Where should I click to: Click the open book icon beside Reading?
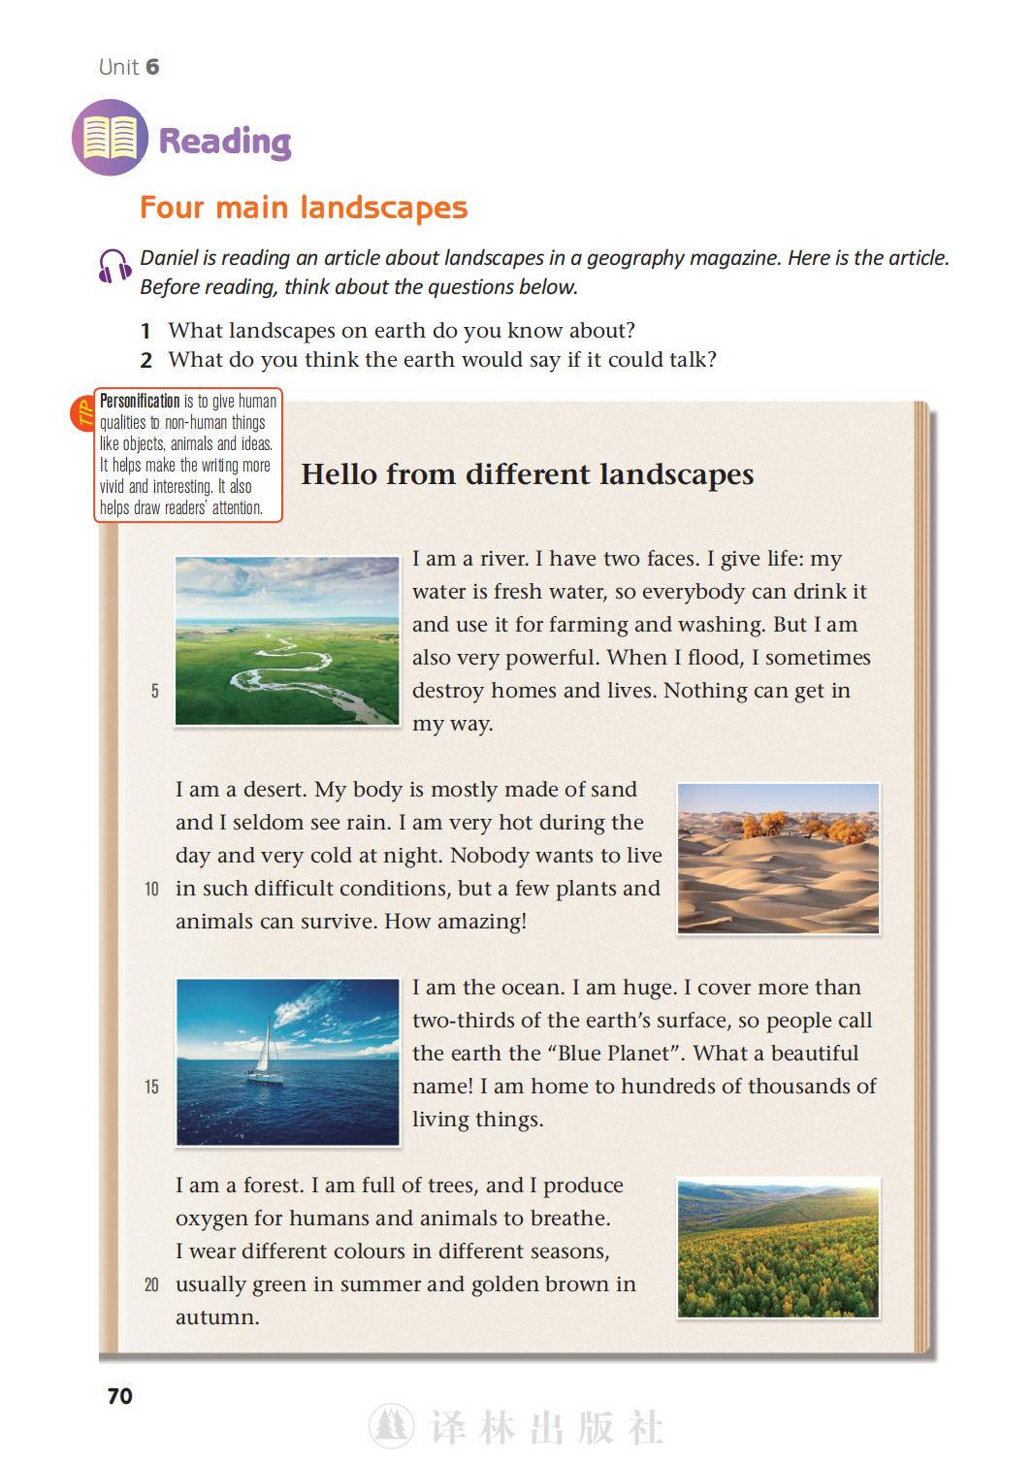tap(110, 138)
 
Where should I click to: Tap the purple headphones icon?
tap(114, 265)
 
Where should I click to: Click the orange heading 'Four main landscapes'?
tap(303, 208)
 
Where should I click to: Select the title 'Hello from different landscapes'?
tap(527, 474)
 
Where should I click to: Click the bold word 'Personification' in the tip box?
tap(140, 401)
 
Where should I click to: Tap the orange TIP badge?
tap(81, 413)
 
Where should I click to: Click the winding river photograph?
tap(287, 640)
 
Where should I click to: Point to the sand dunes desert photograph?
tap(778, 859)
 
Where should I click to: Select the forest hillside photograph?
tap(778, 1248)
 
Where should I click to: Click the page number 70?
tap(119, 1396)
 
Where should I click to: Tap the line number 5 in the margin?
tap(154, 691)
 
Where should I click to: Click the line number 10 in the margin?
tap(151, 889)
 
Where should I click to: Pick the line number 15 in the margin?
tap(151, 1087)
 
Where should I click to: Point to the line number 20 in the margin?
tap(151, 1284)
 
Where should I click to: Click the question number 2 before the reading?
tap(146, 361)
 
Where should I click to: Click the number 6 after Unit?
tap(152, 67)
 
